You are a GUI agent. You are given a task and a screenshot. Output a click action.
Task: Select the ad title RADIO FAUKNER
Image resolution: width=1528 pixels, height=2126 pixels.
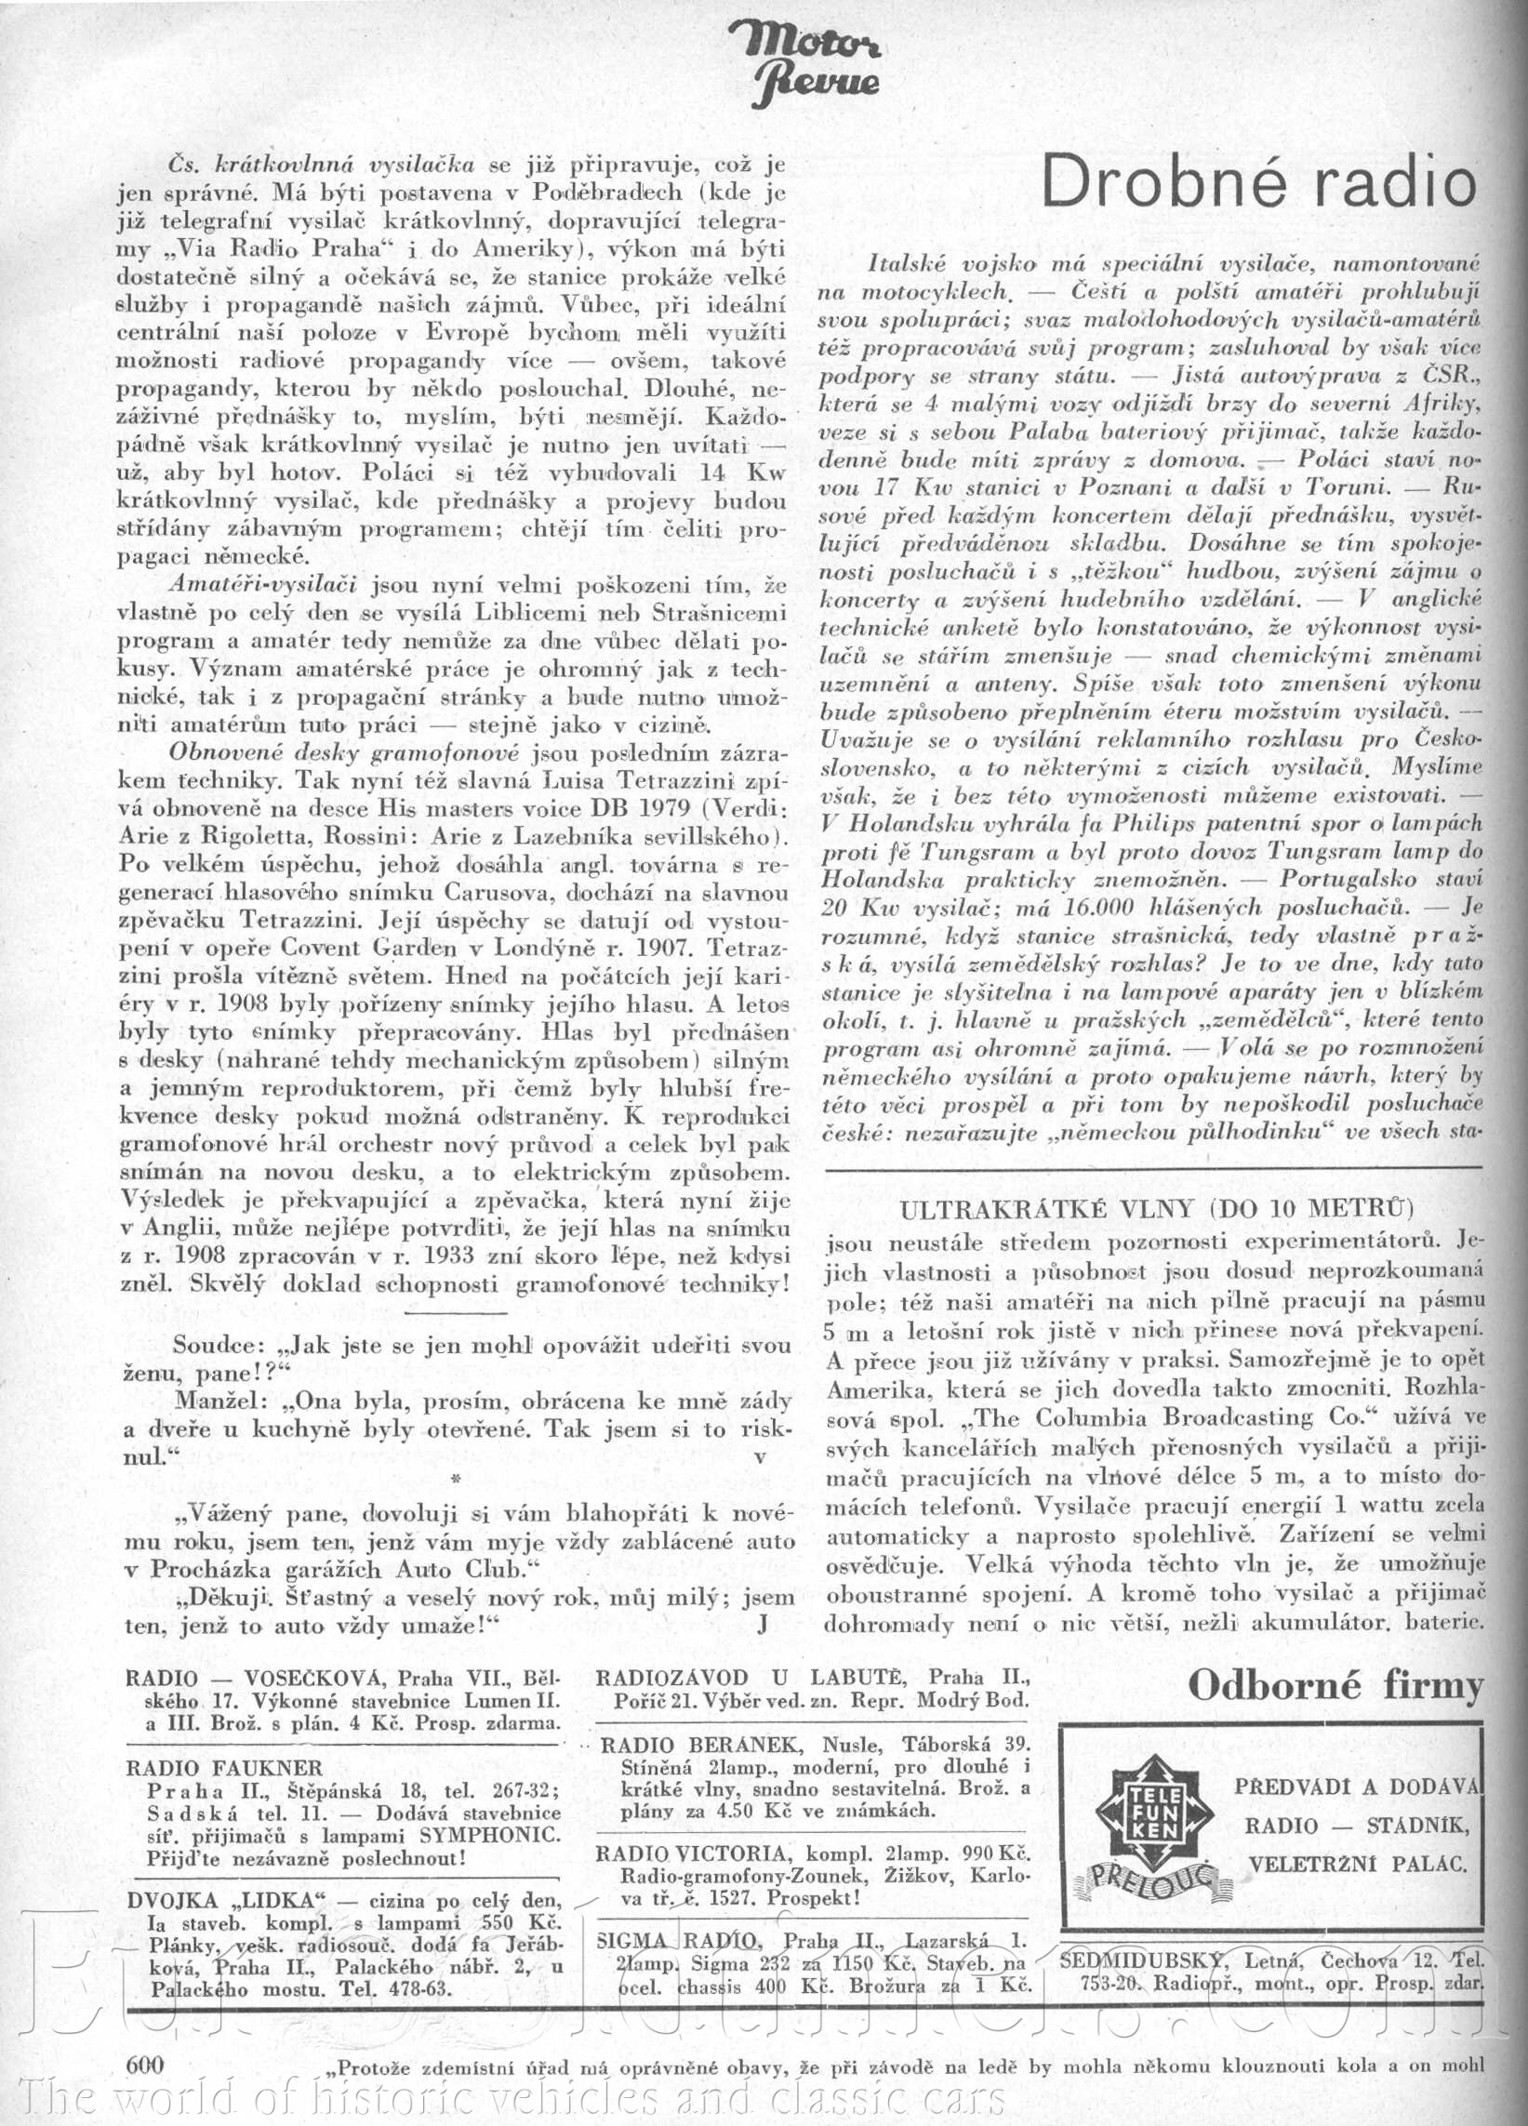click(x=224, y=1768)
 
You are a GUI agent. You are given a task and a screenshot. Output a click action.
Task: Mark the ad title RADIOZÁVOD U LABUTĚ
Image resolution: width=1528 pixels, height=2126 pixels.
click(x=751, y=1676)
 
